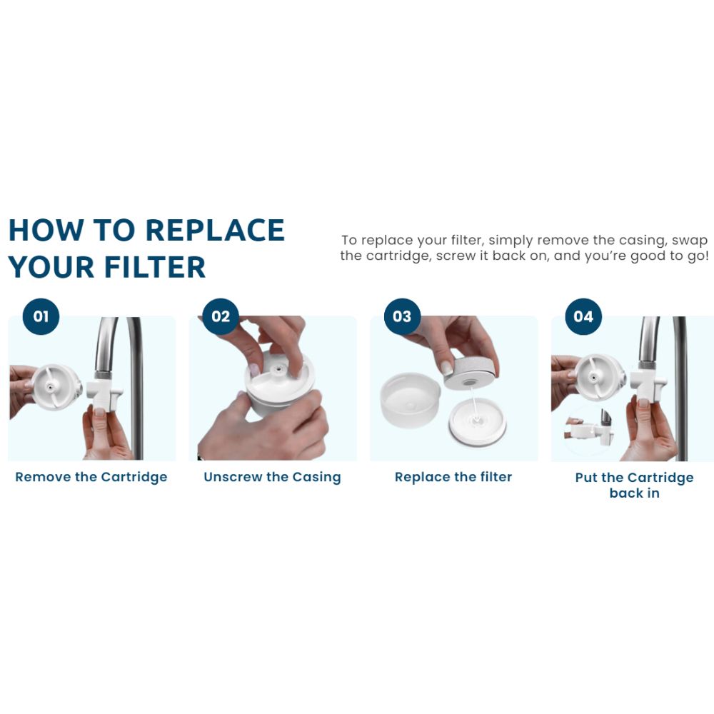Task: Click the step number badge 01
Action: tap(41, 316)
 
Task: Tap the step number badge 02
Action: tap(221, 316)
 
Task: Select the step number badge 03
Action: tap(402, 316)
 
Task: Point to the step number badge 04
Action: tap(583, 316)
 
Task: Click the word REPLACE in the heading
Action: tap(216, 230)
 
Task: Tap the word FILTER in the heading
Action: tap(155, 267)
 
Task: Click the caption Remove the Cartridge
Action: tap(91, 477)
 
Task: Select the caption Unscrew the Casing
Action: tap(272, 477)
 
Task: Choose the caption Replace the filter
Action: tap(453, 477)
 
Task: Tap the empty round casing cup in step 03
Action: tap(411, 401)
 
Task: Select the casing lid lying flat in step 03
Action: tap(478, 422)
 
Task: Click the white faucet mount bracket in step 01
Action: tap(104, 391)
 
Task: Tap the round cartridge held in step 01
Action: tap(56, 386)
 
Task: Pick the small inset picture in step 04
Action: tap(588, 431)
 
